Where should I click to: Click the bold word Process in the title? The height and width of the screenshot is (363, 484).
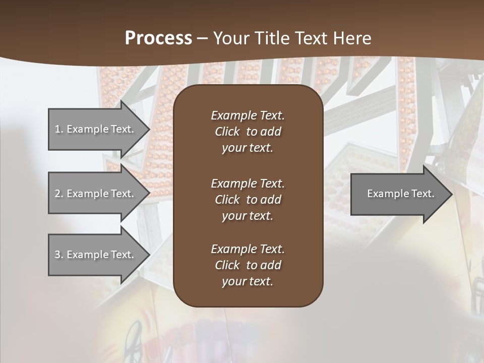[158, 38]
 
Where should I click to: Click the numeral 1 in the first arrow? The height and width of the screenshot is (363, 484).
[57, 129]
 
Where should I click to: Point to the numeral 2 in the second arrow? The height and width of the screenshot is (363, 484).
[57, 194]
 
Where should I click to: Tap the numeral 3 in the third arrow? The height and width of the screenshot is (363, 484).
[57, 255]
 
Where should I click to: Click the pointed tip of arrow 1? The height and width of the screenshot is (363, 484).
[148, 129]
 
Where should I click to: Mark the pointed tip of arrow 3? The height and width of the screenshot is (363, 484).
[148, 255]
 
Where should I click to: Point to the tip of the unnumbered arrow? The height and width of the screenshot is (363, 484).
[451, 194]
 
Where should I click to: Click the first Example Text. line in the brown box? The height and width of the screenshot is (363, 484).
[248, 115]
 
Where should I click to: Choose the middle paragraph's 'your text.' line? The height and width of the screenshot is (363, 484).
[248, 216]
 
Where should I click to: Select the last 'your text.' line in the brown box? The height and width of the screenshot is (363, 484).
[248, 282]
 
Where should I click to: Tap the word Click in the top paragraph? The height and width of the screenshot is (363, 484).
[227, 132]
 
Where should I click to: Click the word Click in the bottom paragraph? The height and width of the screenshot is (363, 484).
[227, 265]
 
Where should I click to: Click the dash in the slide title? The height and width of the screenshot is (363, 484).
[202, 38]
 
